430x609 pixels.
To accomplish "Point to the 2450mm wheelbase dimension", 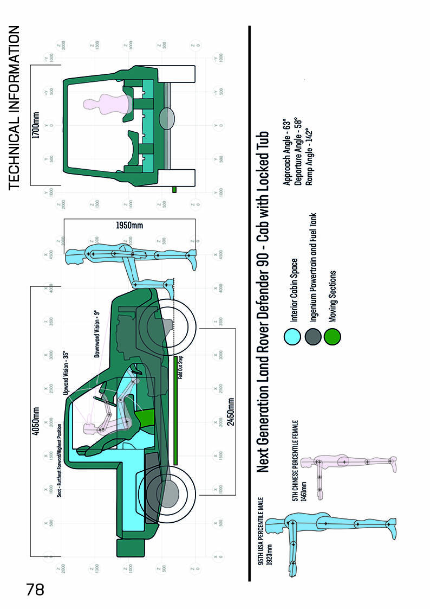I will (231, 413).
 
